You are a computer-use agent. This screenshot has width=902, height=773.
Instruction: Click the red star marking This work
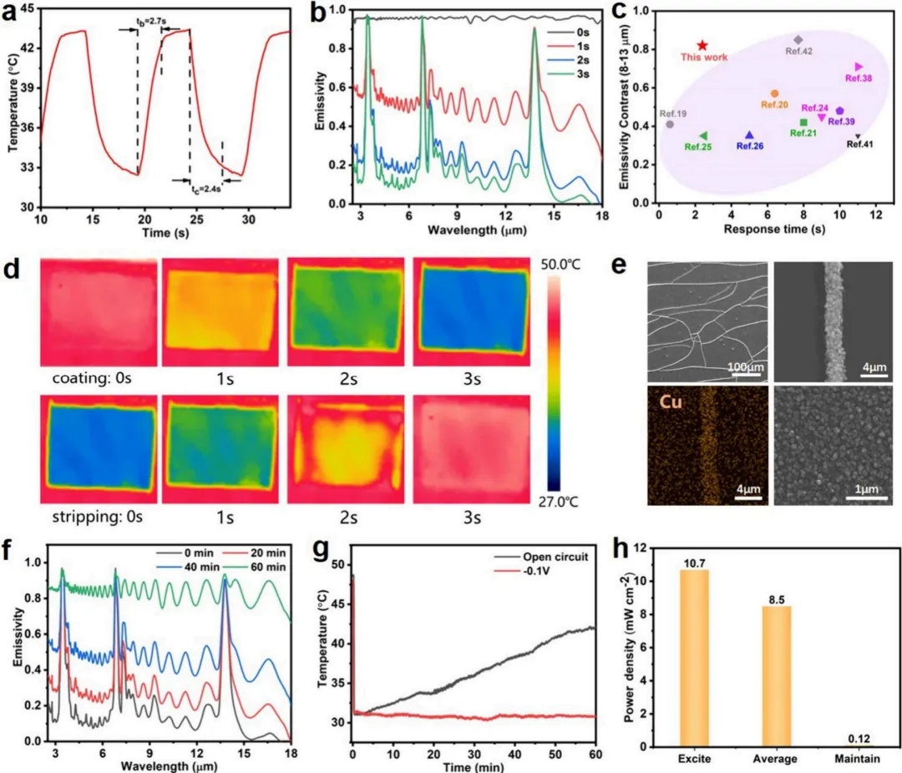click(x=702, y=45)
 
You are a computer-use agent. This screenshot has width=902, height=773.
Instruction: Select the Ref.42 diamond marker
click(x=798, y=39)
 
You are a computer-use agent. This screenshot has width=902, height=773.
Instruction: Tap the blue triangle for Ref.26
click(x=749, y=135)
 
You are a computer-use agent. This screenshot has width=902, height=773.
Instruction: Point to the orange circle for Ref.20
click(x=774, y=93)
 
